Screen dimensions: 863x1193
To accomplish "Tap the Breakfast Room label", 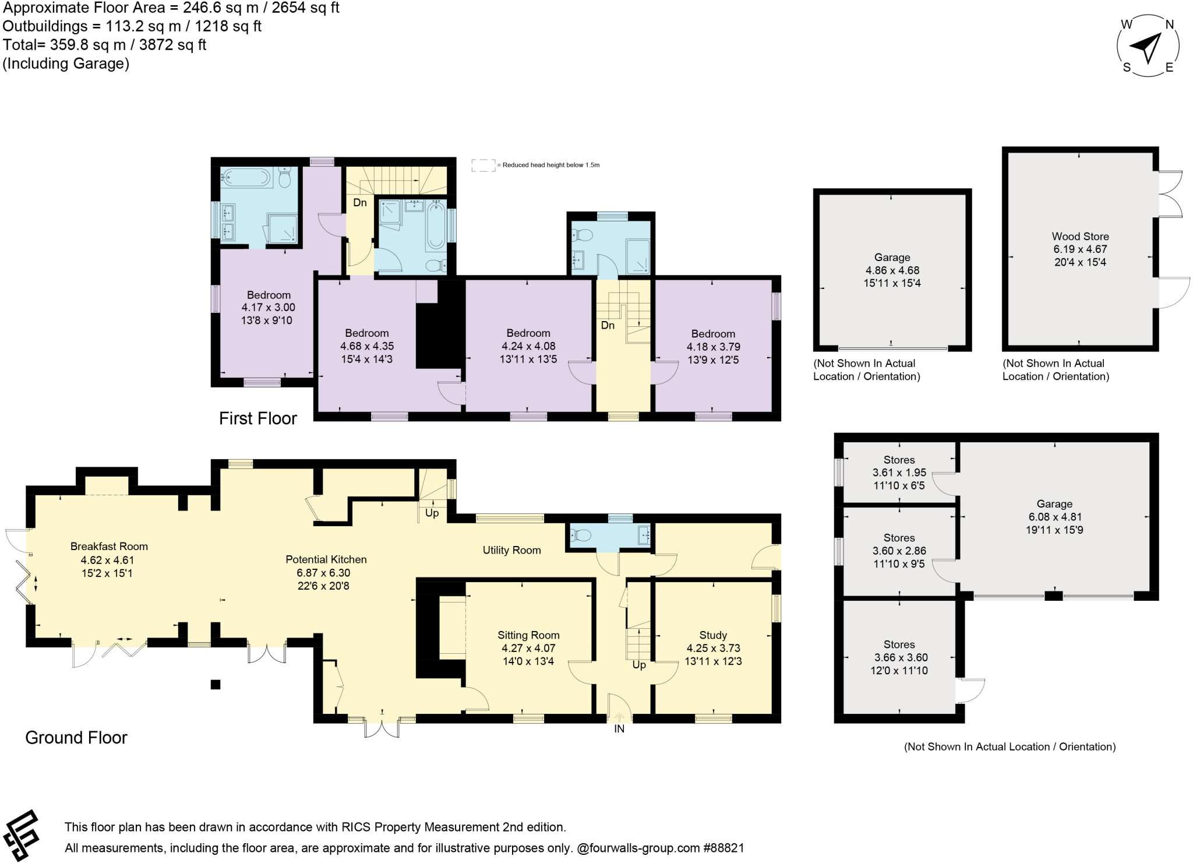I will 109,546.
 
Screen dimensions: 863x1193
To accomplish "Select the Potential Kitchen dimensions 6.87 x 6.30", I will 326,573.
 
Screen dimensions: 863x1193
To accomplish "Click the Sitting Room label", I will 528,635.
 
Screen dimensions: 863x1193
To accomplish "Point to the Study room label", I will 712,635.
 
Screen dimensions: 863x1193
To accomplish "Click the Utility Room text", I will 511,550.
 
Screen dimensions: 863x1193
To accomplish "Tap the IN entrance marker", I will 619,729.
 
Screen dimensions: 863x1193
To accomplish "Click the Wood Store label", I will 1079,236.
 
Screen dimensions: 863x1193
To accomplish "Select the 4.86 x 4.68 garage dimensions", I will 892,270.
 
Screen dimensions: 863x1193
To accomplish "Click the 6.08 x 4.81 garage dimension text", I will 1054,517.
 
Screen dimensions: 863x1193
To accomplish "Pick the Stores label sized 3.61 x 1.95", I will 899,460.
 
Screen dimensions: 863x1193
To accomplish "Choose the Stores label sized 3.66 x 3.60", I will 899,644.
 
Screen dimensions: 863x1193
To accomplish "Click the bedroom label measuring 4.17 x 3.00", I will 269,295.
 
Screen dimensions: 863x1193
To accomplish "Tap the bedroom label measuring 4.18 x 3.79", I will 712,334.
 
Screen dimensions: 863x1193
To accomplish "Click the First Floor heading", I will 257,418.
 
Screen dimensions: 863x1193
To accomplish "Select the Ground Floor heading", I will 76,738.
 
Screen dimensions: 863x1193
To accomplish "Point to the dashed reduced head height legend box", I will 482,165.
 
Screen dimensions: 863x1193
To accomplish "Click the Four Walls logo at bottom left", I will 22,835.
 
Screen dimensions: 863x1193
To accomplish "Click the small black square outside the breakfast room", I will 216,685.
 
